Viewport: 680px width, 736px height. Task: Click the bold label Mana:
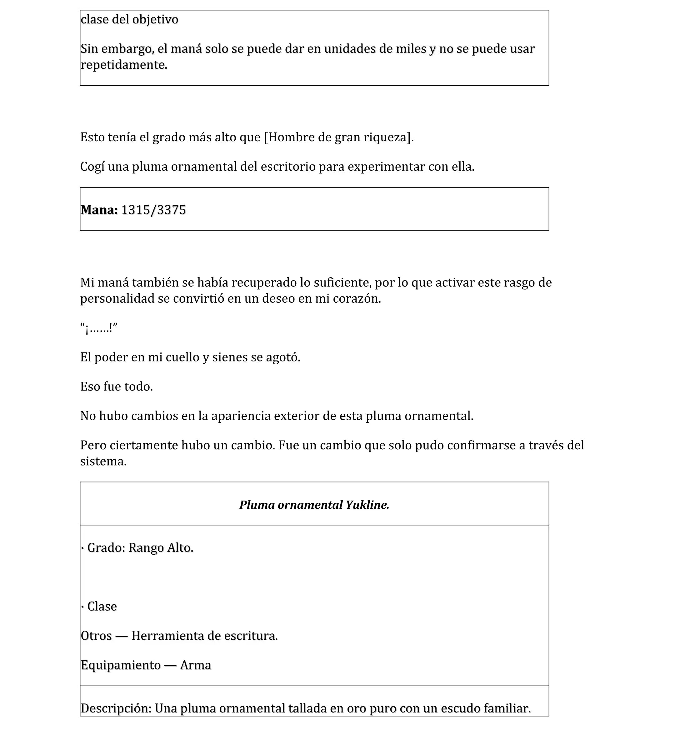99,210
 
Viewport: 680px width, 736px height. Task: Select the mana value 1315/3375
153,210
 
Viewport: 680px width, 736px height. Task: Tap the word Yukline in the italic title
367,505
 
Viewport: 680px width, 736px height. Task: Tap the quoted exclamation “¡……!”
99,328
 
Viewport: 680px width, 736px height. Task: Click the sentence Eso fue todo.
116,386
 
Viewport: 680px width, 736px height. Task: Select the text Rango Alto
160,548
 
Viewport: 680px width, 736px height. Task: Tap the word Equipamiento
121,665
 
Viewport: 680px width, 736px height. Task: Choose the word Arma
195,665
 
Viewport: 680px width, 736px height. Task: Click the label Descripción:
116,708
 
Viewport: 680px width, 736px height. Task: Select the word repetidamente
124,65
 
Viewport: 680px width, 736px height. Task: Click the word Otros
96,636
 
